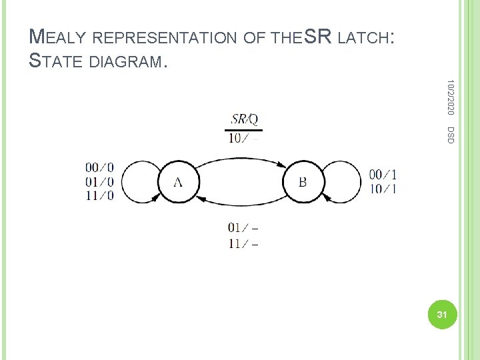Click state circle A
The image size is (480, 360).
178,181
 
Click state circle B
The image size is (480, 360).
302,181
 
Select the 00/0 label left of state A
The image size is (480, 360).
99,167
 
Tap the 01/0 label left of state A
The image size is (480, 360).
99,181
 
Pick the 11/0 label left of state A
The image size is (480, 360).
99,195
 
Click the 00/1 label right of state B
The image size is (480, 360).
383,175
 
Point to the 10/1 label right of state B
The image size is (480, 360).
383,189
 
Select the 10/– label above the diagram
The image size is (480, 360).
243,139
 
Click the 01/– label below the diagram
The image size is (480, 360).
243,229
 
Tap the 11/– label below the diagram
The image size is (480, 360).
243,243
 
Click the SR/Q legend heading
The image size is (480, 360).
244,120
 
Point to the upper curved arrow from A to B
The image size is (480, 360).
240,158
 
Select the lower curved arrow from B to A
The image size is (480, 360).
240,205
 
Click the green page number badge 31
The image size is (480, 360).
440,313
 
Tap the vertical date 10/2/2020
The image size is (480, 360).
450,97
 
